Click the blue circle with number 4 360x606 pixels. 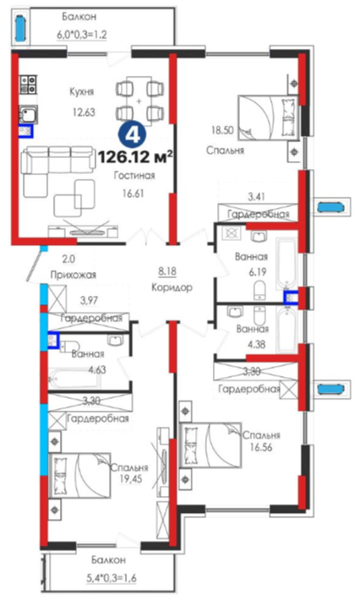click(133, 134)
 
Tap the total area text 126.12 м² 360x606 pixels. click(135, 157)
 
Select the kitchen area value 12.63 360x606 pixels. click(84, 112)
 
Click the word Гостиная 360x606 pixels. click(134, 176)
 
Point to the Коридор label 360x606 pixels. click(172, 287)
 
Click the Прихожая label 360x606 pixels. click(74, 275)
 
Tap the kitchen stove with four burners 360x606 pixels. click(29, 85)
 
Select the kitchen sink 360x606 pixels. click(29, 114)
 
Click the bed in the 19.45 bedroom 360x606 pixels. click(79, 476)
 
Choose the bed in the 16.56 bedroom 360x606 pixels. click(210, 445)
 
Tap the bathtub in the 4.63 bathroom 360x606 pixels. click(75, 379)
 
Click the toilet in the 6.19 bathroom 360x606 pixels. click(259, 290)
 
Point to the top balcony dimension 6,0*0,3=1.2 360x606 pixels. click(82, 34)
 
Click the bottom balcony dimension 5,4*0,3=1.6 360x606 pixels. click(111, 578)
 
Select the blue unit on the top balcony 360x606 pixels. click(20, 26)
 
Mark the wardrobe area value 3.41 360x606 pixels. click(257, 197)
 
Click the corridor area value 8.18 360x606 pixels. click(167, 271)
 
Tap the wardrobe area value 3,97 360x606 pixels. click(89, 299)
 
